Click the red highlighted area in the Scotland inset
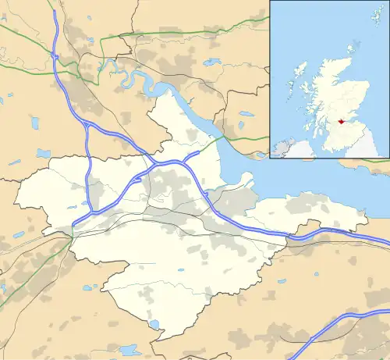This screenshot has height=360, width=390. click(340, 120)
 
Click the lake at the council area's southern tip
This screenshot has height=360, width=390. click(154, 325)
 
